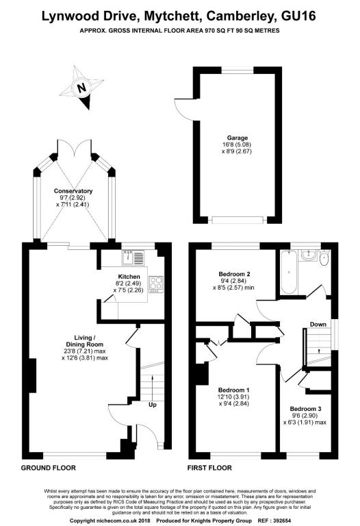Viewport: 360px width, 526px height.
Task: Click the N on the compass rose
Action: (x=81, y=88)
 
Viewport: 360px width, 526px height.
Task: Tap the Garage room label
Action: (x=237, y=138)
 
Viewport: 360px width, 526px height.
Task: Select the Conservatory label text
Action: (x=73, y=191)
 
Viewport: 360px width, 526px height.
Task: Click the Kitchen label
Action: (x=129, y=277)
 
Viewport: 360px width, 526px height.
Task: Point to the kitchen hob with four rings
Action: (x=156, y=284)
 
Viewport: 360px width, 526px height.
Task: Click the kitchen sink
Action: (x=133, y=258)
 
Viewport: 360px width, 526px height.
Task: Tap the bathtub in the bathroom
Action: (x=289, y=272)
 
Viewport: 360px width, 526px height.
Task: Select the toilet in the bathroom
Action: (x=324, y=258)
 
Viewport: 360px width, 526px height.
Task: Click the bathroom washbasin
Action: (x=308, y=255)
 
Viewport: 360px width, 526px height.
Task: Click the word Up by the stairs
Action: (x=153, y=405)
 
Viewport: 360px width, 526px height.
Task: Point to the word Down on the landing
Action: (x=318, y=325)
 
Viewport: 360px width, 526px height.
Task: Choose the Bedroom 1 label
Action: (x=233, y=390)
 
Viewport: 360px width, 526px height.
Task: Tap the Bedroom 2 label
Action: (x=234, y=274)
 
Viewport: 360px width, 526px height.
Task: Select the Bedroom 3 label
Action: (x=305, y=409)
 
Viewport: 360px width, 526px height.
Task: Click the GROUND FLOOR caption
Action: (x=49, y=468)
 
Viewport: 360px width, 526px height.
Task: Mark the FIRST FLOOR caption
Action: (x=209, y=468)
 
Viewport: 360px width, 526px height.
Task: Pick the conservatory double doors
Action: (x=74, y=148)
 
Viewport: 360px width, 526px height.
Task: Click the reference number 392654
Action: (x=282, y=521)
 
